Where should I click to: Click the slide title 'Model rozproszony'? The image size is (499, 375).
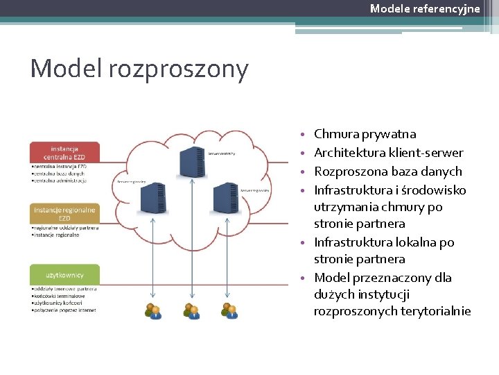[x=139, y=69]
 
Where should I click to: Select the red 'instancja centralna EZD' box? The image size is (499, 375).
[x=64, y=152]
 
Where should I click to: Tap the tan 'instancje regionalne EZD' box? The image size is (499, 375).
[x=64, y=213]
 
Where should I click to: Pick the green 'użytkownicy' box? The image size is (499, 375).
[x=64, y=274]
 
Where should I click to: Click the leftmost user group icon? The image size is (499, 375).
[x=152, y=310]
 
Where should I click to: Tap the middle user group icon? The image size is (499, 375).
[x=191, y=310]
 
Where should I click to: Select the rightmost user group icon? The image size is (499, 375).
[x=229, y=310]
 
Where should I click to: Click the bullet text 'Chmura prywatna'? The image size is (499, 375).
[x=365, y=134]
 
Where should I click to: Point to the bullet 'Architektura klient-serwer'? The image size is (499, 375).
[x=388, y=153]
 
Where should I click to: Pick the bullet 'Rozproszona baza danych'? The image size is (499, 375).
[x=387, y=172]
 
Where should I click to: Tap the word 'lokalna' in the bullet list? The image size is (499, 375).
[x=422, y=242]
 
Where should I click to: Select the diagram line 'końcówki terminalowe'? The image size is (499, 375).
[x=63, y=296]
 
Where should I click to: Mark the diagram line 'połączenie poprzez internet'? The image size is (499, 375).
[x=67, y=310]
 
